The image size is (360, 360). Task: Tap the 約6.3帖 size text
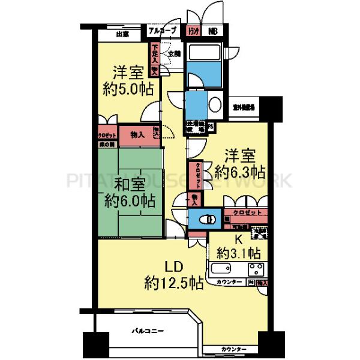click(241, 172)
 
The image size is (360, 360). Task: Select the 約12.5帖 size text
click(173, 283)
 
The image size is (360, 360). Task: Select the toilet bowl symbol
click(208, 220)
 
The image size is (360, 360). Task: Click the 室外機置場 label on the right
click(243, 108)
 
